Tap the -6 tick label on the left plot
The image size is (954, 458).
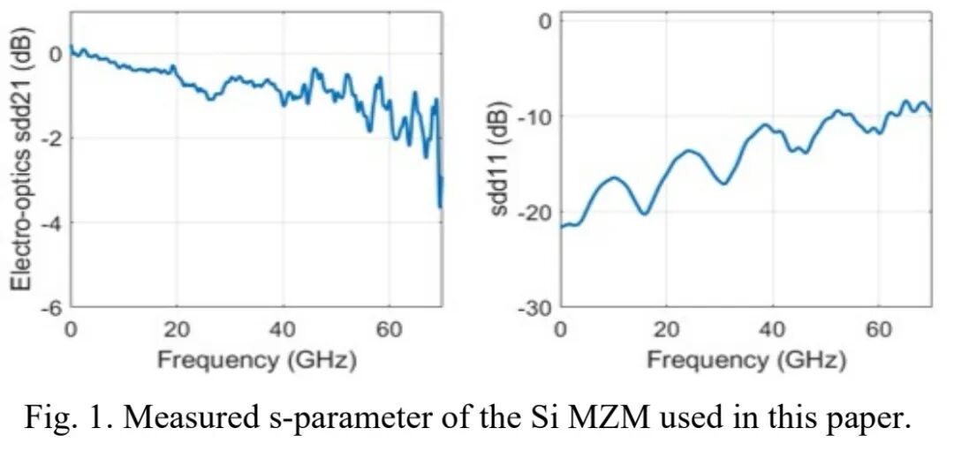[51, 306]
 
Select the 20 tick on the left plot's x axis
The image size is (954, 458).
[177, 329]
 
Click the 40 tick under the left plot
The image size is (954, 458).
[283, 329]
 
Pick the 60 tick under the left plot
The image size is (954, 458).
[389, 329]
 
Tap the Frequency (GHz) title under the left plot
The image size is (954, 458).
[256, 359]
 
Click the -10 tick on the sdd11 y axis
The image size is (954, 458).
[534, 116]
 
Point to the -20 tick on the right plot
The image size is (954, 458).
[534, 212]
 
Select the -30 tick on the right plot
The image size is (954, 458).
[534, 306]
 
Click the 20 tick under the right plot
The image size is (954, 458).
[667, 329]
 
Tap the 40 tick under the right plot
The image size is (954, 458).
[773, 329]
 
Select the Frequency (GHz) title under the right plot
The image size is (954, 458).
[746, 359]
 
